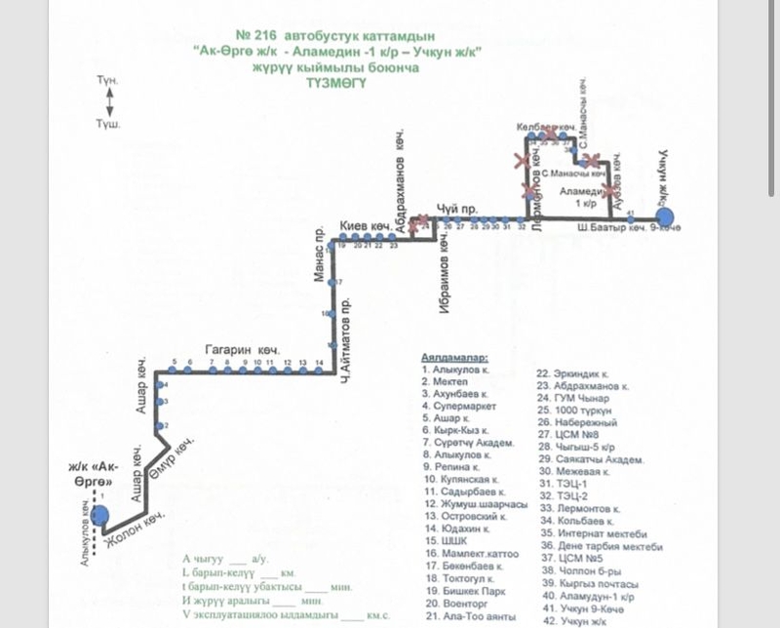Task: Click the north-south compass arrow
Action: click(109, 99)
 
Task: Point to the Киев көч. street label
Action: click(364, 228)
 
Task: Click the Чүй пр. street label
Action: click(456, 208)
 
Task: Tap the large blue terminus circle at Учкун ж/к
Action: click(665, 216)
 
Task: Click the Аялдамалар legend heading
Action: click(453, 358)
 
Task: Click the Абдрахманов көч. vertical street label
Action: click(398, 185)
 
